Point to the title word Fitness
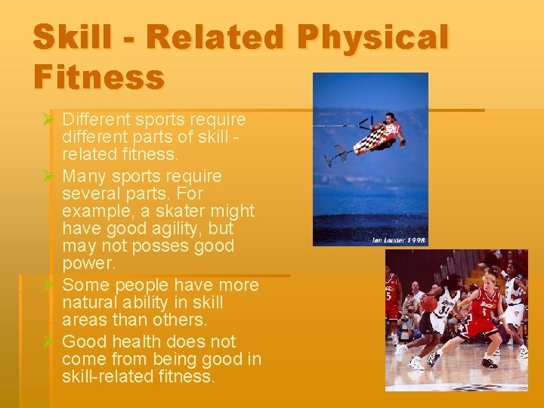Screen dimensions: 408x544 pos(98,77)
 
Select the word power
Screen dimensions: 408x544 pos(88,264)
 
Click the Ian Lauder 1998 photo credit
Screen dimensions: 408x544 pos(397,240)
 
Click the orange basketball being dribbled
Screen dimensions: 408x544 pos(429,303)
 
